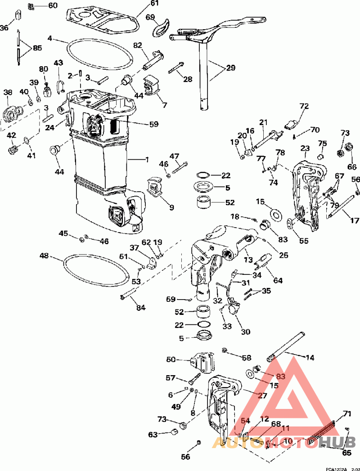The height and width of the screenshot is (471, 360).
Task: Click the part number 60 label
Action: click(x=53, y=5)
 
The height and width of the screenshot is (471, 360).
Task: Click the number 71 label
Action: click(x=347, y=413)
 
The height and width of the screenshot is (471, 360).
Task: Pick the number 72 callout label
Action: click(x=305, y=107)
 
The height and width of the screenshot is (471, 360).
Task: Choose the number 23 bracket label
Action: click(x=305, y=148)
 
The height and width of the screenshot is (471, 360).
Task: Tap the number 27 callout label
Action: click(x=262, y=395)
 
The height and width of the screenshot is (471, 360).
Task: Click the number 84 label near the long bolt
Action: click(x=141, y=308)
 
